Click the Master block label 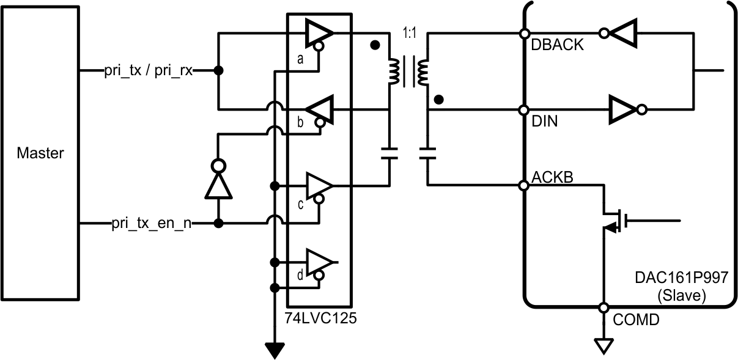click(40, 153)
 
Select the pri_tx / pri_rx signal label click(148, 71)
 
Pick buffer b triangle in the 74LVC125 click(319, 109)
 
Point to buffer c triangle click(318, 185)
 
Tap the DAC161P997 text click(681, 278)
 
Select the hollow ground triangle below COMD click(603, 347)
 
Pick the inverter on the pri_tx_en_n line click(219, 180)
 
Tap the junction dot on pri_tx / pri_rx click(219, 71)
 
